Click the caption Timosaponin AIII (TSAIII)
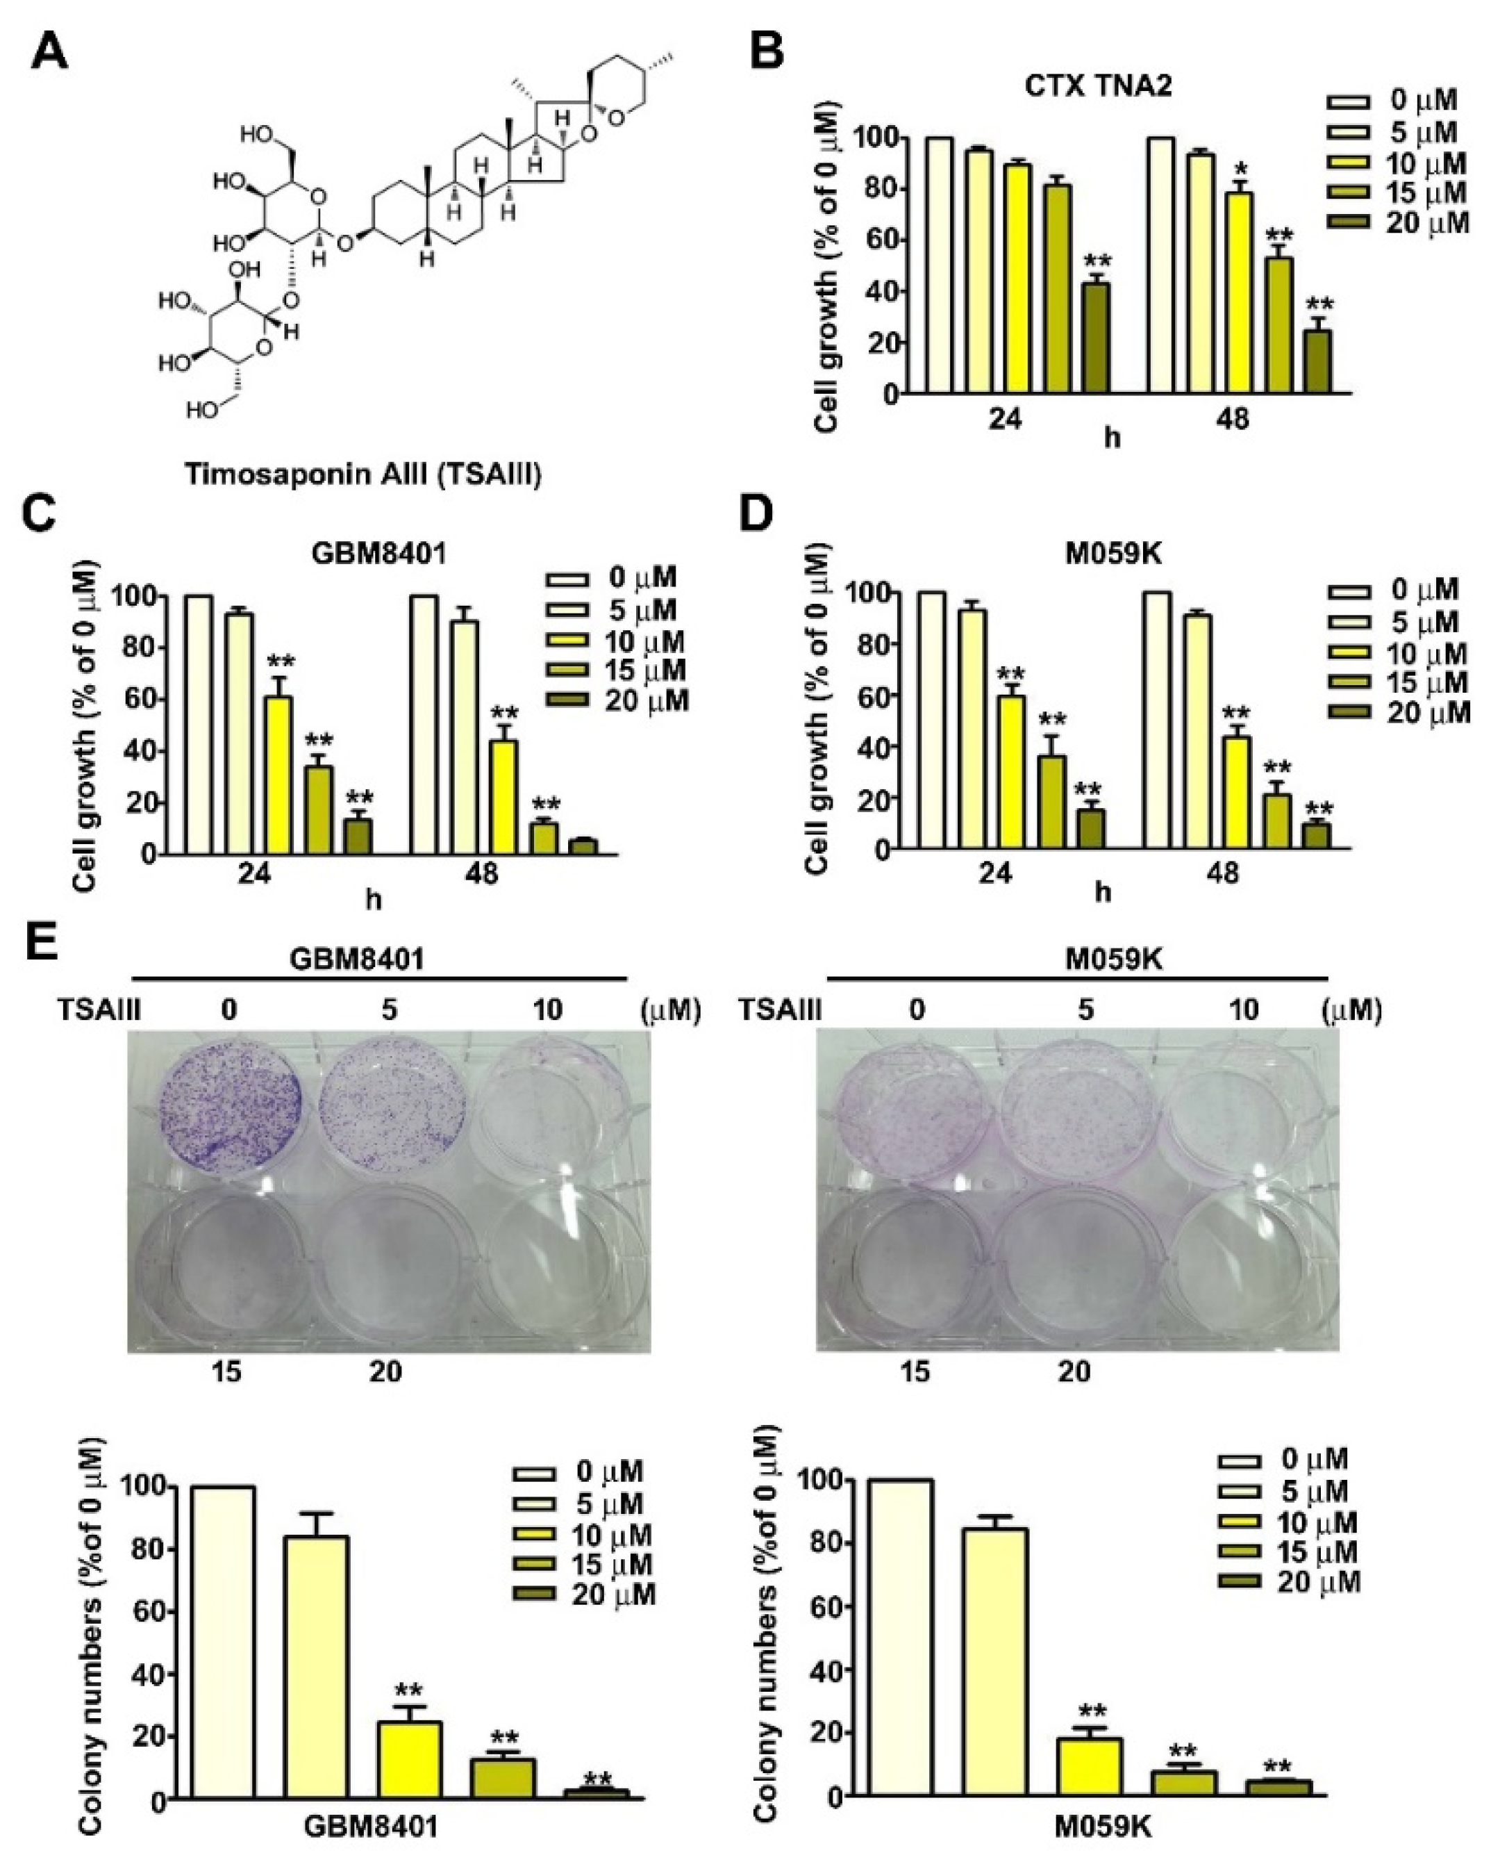click(363, 474)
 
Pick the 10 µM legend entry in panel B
click(1394, 163)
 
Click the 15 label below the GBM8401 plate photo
click(226, 1371)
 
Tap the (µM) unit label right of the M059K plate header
click(1351, 1009)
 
